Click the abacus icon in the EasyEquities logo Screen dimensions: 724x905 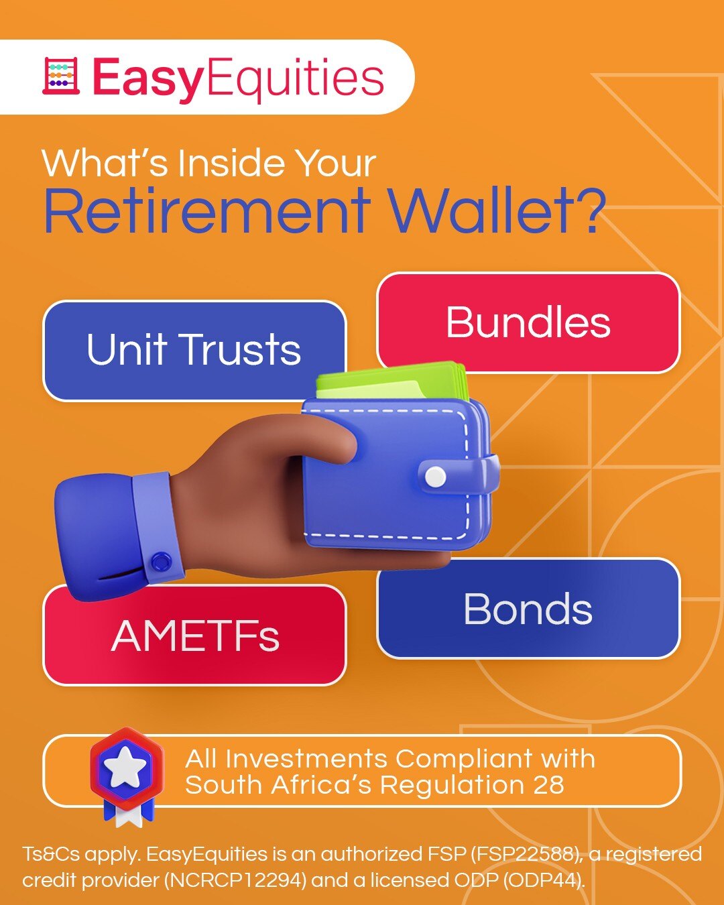60,76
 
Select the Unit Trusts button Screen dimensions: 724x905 194,351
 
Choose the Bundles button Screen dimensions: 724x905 528,322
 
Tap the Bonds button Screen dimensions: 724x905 528,608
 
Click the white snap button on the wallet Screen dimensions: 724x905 436,476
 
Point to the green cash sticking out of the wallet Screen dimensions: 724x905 392,381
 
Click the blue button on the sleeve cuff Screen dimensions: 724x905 161,561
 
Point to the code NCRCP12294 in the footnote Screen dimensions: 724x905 235,880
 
